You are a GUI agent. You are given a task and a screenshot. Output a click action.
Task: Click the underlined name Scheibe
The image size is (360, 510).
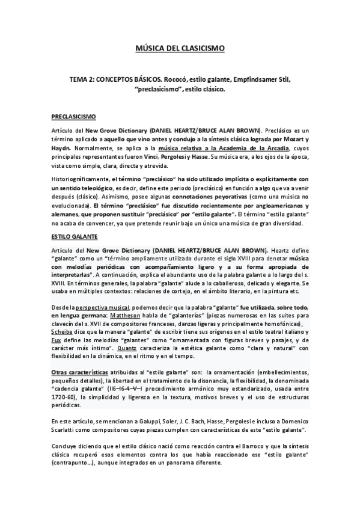(63, 332)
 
